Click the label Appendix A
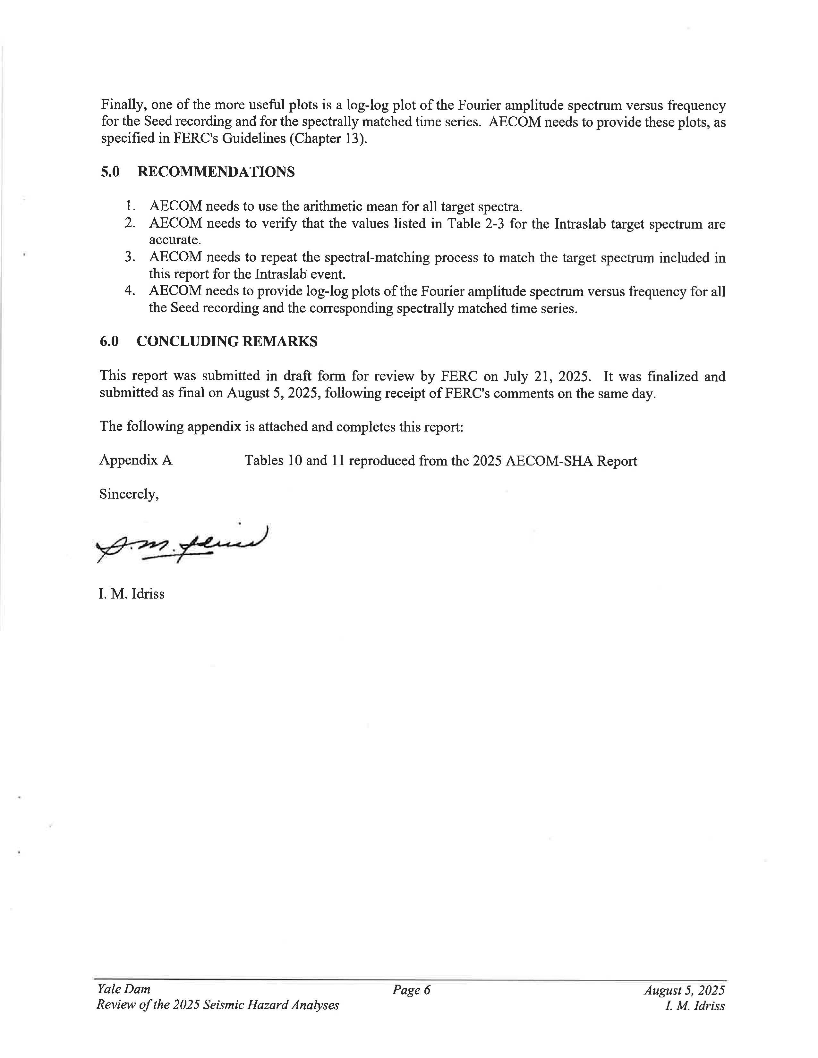136,460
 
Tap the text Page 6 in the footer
412,990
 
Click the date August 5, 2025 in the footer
684,990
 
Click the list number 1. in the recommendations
130,206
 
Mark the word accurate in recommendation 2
175,240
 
